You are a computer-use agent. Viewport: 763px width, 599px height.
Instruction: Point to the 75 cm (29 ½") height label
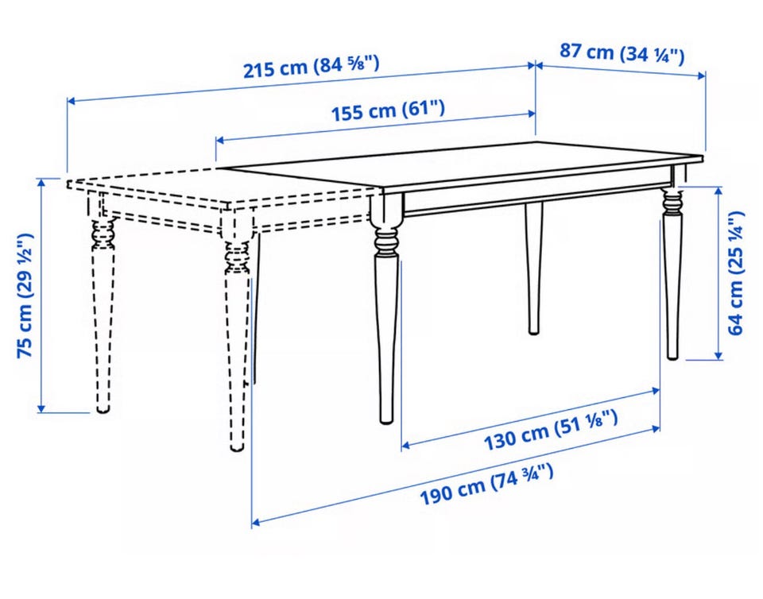[25, 296]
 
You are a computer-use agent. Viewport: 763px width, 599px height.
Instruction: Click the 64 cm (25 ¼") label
[735, 272]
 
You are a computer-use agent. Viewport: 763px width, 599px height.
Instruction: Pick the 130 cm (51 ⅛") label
[550, 430]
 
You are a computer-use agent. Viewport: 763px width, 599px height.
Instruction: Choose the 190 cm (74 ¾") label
[486, 485]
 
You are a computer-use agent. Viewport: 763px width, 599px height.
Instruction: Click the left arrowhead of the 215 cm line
[71, 101]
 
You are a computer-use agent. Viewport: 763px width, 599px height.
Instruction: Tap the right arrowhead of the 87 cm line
[702, 75]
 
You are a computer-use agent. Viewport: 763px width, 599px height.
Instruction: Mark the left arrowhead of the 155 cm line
[219, 141]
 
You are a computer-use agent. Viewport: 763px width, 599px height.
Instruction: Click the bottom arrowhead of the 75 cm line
[42, 408]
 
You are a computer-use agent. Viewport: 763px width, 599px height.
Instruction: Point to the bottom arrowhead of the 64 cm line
[718, 356]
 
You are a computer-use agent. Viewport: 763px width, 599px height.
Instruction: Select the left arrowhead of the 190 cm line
[255, 524]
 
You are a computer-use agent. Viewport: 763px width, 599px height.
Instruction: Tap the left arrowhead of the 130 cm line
[405, 445]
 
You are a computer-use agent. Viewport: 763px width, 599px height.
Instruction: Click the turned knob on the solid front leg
[386, 241]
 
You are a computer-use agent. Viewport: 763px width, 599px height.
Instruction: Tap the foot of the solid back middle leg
[534, 330]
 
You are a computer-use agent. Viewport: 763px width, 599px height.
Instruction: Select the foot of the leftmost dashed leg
[103, 409]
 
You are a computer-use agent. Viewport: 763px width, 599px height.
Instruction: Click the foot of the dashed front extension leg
[237, 447]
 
